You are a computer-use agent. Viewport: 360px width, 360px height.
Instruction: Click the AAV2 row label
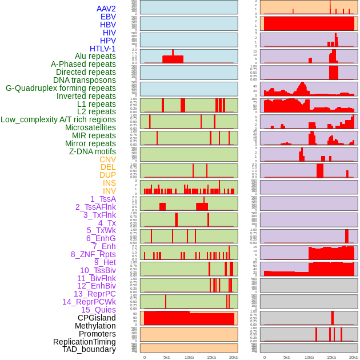[106, 9]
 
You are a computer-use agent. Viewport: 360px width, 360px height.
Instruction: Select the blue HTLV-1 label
[102, 49]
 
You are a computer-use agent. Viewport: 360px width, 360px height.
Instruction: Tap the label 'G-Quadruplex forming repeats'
[61, 88]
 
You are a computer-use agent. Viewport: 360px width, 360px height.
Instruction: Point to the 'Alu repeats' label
[95, 56]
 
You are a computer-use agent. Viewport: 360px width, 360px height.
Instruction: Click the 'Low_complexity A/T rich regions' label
[58, 119]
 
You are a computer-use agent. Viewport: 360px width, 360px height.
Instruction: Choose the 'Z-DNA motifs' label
[92, 151]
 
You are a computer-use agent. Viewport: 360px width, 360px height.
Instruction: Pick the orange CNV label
[107, 159]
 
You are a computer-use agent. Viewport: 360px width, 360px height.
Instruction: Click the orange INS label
[109, 183]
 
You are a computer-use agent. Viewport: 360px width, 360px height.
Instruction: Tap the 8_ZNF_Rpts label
[93, 254]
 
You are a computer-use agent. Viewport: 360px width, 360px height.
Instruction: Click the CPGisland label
[97, 318]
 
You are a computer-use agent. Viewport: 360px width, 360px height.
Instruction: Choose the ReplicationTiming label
[85, 342]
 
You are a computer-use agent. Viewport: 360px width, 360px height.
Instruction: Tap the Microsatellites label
[90, 127]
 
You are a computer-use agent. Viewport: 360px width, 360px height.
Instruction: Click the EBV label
[108, 17]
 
